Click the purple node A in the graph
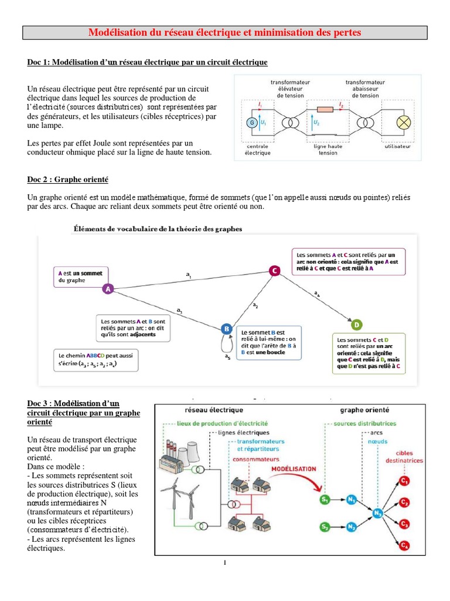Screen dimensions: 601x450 (107, 289)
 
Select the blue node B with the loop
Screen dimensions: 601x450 (227, 329)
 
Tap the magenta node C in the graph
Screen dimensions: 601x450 (274, 270)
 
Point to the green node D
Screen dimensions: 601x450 (356, 325)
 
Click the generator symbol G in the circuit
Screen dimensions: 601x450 (253, 123)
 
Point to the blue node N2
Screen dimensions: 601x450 (351, 527)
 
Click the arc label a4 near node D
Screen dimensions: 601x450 (317, 293)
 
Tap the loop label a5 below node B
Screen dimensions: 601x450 (227, 356)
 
